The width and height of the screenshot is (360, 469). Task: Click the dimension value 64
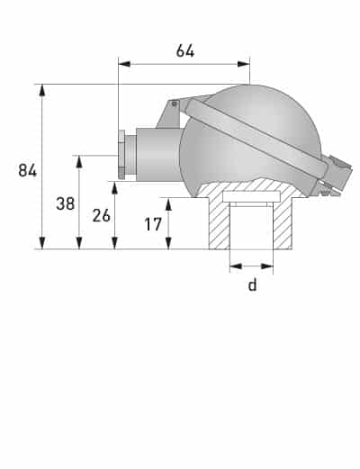pyautogui.click(x=185, y=50)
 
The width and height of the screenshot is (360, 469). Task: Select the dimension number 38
pyautogui.click(x=65, y=203)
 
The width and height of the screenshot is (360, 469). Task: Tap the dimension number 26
pyautogui.click(x=101, y=216)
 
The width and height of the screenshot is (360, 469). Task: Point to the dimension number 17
pyautogui.click(x=153, y=223)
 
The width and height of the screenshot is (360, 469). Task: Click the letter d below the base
pyautogui.click(x=252, y=284)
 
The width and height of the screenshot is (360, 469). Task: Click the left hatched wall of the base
pyautogui.click(x=220, y=225)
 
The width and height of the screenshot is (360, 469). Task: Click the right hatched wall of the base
pyautogui.click(x=284, y=225)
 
